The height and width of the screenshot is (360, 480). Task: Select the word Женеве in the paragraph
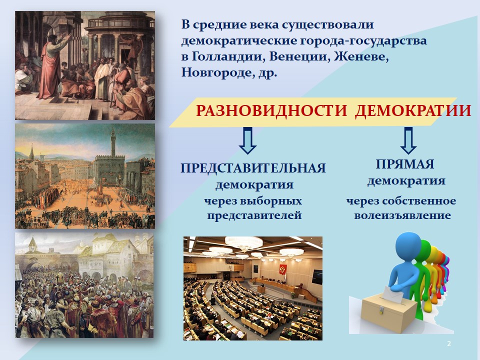click(x=361, y=56)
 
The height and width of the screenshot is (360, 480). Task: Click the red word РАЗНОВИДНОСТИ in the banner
click(x=271, y=110)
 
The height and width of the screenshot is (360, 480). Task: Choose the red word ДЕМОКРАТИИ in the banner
click(x=413, y=110)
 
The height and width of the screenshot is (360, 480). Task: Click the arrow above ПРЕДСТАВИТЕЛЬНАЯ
click(x=247, y=140)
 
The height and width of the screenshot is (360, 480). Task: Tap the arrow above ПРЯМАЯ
click(x=408, y=140)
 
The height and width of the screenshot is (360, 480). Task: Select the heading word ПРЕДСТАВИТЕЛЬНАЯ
click(x=253, y=168)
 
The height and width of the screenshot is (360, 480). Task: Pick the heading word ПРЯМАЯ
click(x=405, y=164)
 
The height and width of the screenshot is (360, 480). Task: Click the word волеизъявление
click(x=402, y=215)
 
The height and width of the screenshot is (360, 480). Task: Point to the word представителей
click(x=254, y=215)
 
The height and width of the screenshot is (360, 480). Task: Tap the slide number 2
click(x=449, y=343)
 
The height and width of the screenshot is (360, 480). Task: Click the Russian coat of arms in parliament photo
click(x=282, y=269)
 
